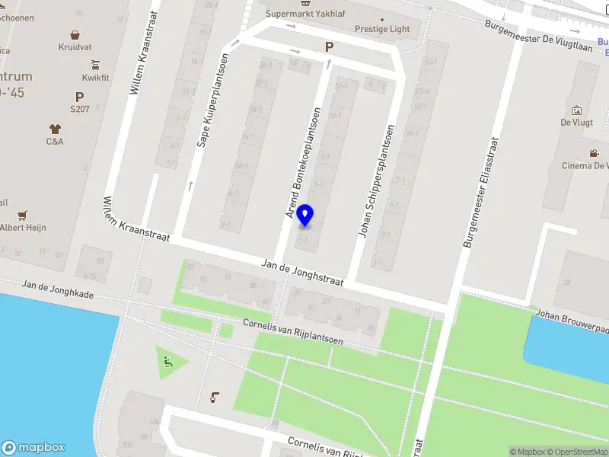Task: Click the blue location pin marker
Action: click(x=305, y=216)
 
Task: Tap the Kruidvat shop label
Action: click(x=75, y=46)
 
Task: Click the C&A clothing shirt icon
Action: click(x=55, y=129)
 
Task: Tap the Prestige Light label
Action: click(x=382, y=29)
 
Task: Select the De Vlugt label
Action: click(x=576, y=122)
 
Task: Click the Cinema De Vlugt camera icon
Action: click(x=594, y=153)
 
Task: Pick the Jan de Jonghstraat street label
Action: click(x=302, y=272)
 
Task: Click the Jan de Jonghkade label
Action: click(x=58, y=289)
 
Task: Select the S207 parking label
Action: click(x=79, y=109)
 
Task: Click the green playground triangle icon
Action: click(x=168, y=363)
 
